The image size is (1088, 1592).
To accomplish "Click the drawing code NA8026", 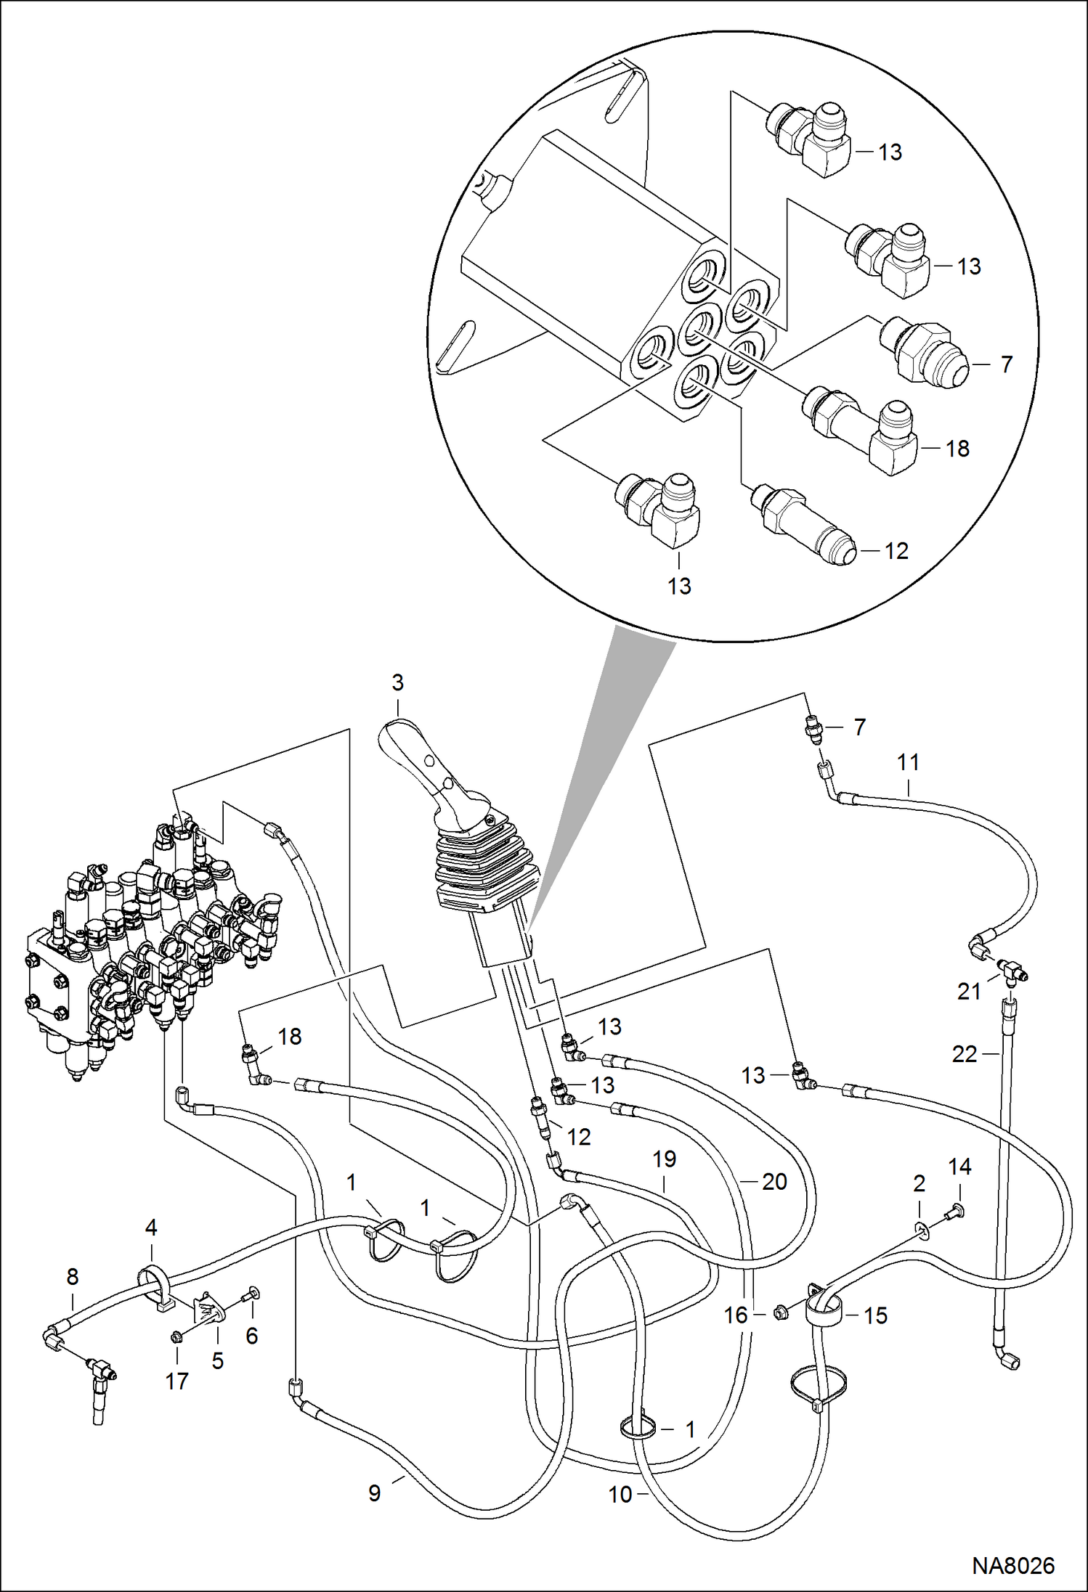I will click(x=1012, y=1565).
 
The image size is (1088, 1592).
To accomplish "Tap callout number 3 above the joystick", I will click(x=397, y=682).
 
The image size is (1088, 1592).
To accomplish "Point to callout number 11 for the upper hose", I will click(x=908, y=762).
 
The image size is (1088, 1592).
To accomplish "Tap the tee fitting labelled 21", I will click(x=1010, y=968).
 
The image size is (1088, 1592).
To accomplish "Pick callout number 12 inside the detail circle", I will click(x=896, y=551).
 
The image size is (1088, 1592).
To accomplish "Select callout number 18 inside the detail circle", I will click(x=957, y=449).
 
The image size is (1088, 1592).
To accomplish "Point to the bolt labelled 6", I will click(x=252, y=1293).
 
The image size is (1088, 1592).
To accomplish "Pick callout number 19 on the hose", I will click(x=664, y=1159).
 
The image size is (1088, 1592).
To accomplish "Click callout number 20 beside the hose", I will click(x=774, y=1182).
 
